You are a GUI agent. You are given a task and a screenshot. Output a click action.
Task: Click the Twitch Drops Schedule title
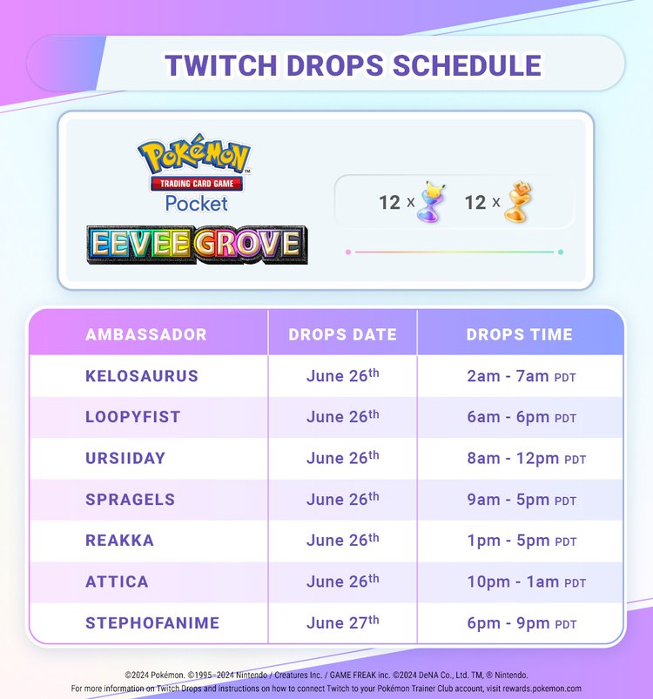[353, 65]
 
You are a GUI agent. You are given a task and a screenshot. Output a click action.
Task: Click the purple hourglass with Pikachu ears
[427, 201]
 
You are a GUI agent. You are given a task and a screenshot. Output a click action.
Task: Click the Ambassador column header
[146, 334]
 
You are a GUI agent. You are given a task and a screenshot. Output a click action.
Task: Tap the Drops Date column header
[342, 334]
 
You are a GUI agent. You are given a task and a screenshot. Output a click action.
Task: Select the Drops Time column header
[519, 334]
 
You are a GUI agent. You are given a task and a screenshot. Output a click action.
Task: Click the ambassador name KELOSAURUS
[142, 376]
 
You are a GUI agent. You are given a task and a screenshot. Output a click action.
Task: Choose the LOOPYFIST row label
[133, 417]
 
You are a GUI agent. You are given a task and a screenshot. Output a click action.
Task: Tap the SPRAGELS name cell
[131, 500]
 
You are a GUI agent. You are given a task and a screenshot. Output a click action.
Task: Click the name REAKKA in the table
[120, 541]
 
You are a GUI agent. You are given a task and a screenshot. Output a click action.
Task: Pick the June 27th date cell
[342, 622]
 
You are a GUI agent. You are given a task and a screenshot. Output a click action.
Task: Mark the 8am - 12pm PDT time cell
[526, 458]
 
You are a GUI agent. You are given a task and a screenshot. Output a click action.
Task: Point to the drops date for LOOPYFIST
[342, 417]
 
